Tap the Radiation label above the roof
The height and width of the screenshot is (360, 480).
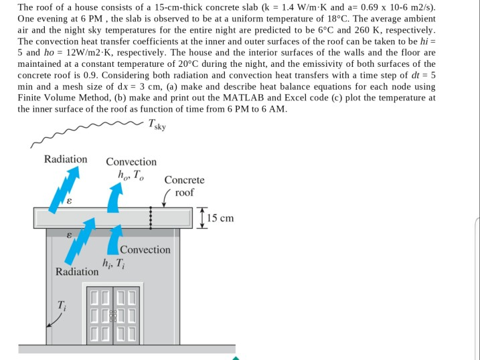[66, 159]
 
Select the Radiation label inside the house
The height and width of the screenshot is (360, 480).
[77, 272]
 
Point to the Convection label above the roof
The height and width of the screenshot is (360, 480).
[131, 161]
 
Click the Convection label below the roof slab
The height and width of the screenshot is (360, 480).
[145, 250]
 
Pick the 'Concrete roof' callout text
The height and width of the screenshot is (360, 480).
[184, 186]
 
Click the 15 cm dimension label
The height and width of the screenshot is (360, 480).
[220, 218]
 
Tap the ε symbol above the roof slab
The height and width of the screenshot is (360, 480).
[68, 200]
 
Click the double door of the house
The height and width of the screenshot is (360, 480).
[113, 312]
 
